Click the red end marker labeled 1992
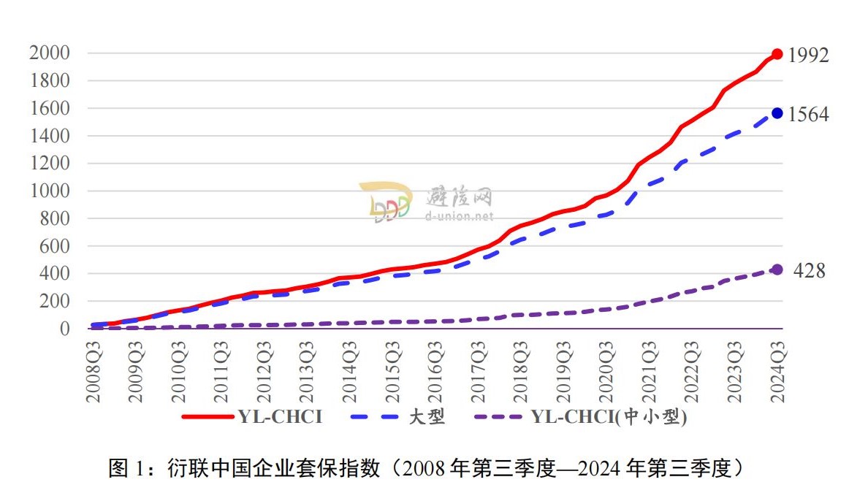point(777,54)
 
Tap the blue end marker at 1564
point(777,113)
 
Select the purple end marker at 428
point(777,270)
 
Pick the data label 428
point(810,271)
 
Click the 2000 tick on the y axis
point(50,53)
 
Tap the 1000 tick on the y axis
point(50,191)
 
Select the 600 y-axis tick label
point(54,246)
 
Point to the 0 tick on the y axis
point(64,329)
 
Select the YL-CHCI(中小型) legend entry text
point(609,417)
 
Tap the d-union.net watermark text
point(460,216)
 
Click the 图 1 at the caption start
point(127,467)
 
